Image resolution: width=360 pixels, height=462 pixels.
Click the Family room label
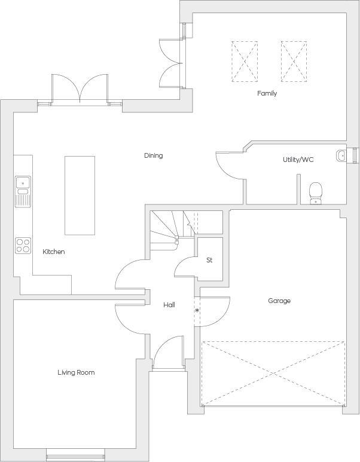pyautogui.click(x=267, y=93)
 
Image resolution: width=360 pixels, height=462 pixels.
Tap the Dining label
pyautogui.click(x=153, y=155)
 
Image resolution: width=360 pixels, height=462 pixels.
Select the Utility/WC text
pyautogui.click(x=298, y=160)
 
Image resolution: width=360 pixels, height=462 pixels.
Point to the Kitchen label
pyautogui.click(x=53, y=252)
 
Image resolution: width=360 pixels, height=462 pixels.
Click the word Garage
pyautogui.click(x=279, y=301)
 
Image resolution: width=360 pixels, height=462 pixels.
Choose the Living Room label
pyautogui.click(x=76, y=372)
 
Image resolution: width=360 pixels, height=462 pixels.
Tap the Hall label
pyautogui.click(x=169, y=305)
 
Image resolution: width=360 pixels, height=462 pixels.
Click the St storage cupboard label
pyautogui.click(x=209, y=260)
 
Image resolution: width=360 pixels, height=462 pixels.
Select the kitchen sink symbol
pyautogui.click(x=23, y=191)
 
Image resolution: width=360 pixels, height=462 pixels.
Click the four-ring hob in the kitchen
pyautogui.click(x=23, y=245)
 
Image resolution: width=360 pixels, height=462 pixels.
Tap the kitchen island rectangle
pyautogui.click(x=80, y=195)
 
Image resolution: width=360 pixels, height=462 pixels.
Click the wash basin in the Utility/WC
pyautogui.click(x=341, y=155)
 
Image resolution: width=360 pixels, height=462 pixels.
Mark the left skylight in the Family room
pyautogui.click(x=245, y=62)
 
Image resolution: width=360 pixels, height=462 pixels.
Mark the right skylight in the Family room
pyautogui.click(x=293, y=62)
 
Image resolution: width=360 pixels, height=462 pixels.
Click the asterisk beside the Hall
pyautogui.click(x=197, y=311)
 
